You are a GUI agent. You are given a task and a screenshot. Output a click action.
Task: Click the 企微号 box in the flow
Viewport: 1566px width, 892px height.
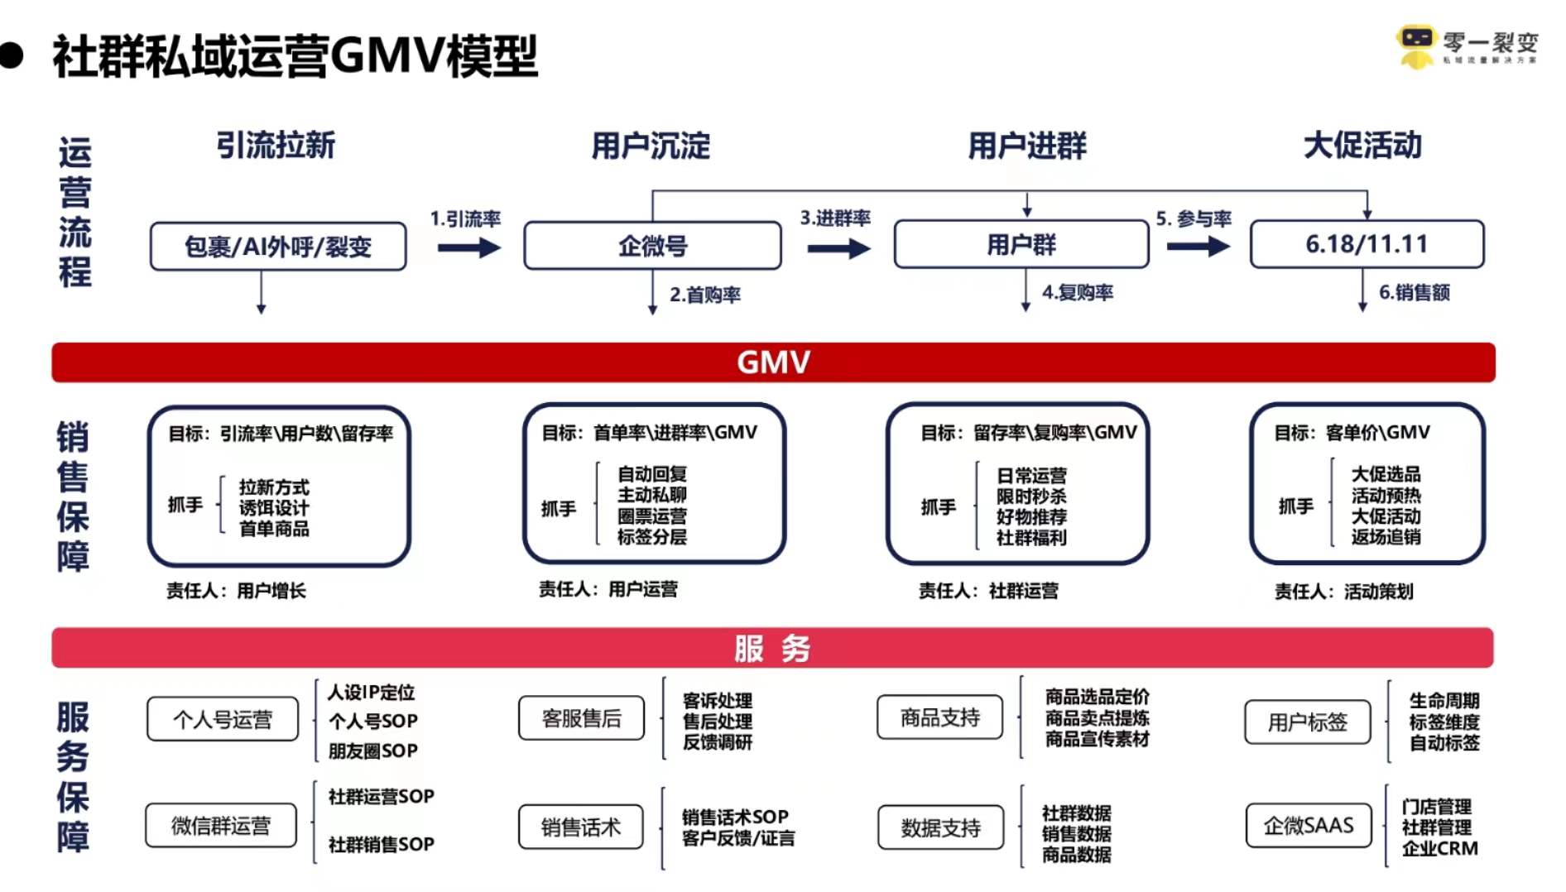pyautogui.click(x=652, y=246)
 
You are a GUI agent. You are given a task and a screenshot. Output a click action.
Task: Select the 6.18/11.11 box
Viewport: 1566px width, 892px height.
pyautogui.click(x=1367, y=244)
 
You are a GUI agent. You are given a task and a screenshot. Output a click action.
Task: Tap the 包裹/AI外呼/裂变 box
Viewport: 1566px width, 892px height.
pyautogui.click(x=278, y=247)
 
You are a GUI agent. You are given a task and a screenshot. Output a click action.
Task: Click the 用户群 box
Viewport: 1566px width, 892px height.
pyautogui.click(x=1021, y=245)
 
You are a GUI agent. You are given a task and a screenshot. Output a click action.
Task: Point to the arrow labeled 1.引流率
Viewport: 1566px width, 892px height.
pyautogui.click(x=468, y=247)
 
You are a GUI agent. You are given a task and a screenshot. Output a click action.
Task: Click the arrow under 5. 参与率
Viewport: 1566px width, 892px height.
pyautogui.click(x=1198, y=247)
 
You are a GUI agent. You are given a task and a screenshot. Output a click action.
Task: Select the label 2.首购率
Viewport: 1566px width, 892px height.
pyautogui.click(x=705, y=295)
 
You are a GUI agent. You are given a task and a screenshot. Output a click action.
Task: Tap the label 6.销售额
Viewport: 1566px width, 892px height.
pyautogui.click(x=1414, y=292)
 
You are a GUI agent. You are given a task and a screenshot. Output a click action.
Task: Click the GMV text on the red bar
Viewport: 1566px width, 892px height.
pyautogui.click(x=773, y=362)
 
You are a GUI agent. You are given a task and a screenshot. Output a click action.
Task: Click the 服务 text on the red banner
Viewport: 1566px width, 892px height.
pyautogui.click(x=771, y=648)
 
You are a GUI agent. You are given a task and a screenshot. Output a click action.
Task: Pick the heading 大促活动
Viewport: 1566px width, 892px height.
pyautogui.click(x=1362, y=146)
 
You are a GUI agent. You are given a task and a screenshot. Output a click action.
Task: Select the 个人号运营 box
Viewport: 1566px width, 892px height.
pyautogui.click(x=223, y=719)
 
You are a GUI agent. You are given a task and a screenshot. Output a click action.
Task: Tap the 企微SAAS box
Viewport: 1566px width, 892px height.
pyautogui.click(x=1308, y=826)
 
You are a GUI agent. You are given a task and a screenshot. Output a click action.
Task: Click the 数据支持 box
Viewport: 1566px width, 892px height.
pyautogui.click(x=940, y=827)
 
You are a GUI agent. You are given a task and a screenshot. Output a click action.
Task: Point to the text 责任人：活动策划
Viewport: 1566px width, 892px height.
pyautogui.click(x=1343, y=592)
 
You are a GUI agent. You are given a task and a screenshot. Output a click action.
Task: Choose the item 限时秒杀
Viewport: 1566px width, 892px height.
pyautogui.click(x=1031, y=496)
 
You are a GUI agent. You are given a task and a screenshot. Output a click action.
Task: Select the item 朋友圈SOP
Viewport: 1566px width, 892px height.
pyautogui.click(x=372, y=751)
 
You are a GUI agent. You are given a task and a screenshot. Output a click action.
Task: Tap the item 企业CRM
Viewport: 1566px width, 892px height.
pyautogui.click(x=1439, y=848)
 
